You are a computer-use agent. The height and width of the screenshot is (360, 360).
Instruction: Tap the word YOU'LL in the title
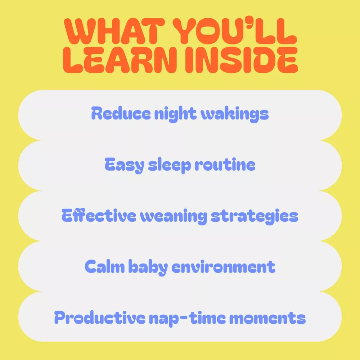point(235,31)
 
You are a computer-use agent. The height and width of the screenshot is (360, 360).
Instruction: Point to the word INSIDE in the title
point(241,60)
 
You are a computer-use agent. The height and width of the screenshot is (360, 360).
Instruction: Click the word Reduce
point(121,113)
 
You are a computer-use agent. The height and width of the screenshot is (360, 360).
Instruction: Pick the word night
point(175,114)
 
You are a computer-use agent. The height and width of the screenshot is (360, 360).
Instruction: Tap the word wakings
point(235,114)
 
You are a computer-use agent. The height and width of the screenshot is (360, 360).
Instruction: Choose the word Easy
point(125,165)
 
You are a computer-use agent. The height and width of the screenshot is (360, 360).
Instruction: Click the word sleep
point(170,165)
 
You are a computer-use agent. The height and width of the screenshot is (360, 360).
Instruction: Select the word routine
point(225,165)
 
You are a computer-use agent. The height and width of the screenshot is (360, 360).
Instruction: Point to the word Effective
point(99,215)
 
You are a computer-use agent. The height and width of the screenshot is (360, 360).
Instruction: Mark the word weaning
point(174,216)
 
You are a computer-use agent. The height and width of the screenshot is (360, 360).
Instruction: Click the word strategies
point(255,216)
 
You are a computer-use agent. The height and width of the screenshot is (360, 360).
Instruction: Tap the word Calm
point(105,266)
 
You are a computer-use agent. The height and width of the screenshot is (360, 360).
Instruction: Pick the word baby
point(148,267)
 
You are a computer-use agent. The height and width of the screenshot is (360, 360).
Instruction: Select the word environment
point(223,267)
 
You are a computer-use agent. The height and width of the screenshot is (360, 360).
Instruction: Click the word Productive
point(100,318)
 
